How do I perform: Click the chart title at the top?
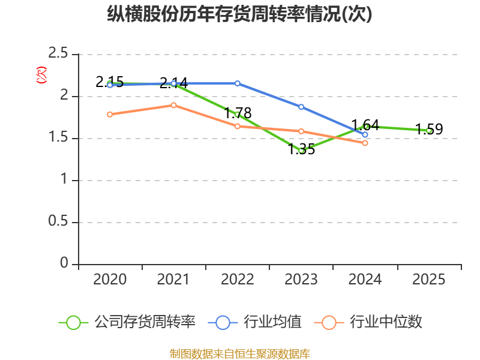(x=239, y=14)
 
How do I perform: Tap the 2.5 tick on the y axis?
(x=58, y=53)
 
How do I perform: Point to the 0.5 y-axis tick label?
(x=58, y=221)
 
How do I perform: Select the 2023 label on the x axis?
(x=301, y=279)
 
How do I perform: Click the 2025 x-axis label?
(x=428, y=279)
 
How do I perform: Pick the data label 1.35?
(x=302, y=149)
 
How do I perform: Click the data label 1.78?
(x=238, y=113)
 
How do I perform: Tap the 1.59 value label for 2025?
(x=429, y=129)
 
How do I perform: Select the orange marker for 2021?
(x=173, y=106)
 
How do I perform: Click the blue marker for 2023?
(x=301, y=107)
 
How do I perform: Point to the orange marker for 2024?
(x=365, y=143)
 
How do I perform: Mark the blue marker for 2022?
(x=238, y=83)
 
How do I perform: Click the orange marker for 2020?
(x=110, y=115)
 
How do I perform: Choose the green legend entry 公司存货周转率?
(x=127, y=322)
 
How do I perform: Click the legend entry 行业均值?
(x=254, y=322)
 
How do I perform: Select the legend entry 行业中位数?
(x=368, y=322)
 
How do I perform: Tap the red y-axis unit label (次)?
(x=41, y=75)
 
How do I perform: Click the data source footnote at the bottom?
(x=239, y=354)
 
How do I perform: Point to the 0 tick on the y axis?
(x=64, y=263)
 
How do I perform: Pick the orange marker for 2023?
(x=301, y=131)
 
